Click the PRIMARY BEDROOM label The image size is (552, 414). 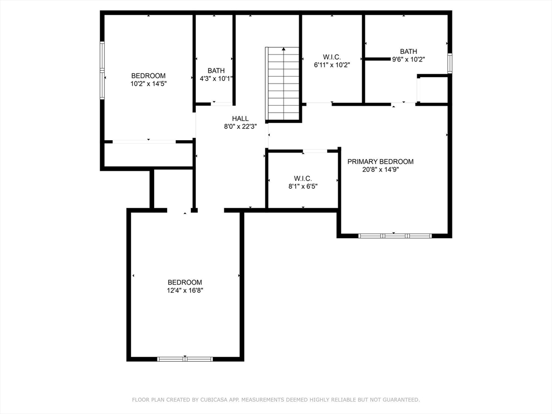(x=380, y=162)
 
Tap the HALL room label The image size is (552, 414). (x=240, y=119)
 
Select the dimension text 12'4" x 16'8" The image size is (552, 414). (x=185, y=291)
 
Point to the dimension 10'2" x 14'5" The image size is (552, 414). (x=148, y=84)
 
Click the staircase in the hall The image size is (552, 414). (x=282, y=84)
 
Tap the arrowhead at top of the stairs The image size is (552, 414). (x=284, y=49)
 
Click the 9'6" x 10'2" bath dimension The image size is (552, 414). (x=409, y=59)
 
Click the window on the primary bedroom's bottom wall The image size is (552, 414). (x=395, y=236)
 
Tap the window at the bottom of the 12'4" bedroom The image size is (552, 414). (x=185, y=359)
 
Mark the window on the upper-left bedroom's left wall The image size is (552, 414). (x=102, y=71)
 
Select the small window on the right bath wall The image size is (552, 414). (x=450, y=64)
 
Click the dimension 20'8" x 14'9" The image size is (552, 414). (x=380, y=170)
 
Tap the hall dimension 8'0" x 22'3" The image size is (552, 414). (x=240, y=127)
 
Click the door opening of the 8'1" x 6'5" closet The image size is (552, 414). (x=315, y=151)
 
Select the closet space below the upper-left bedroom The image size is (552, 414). (x=148, y=155)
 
